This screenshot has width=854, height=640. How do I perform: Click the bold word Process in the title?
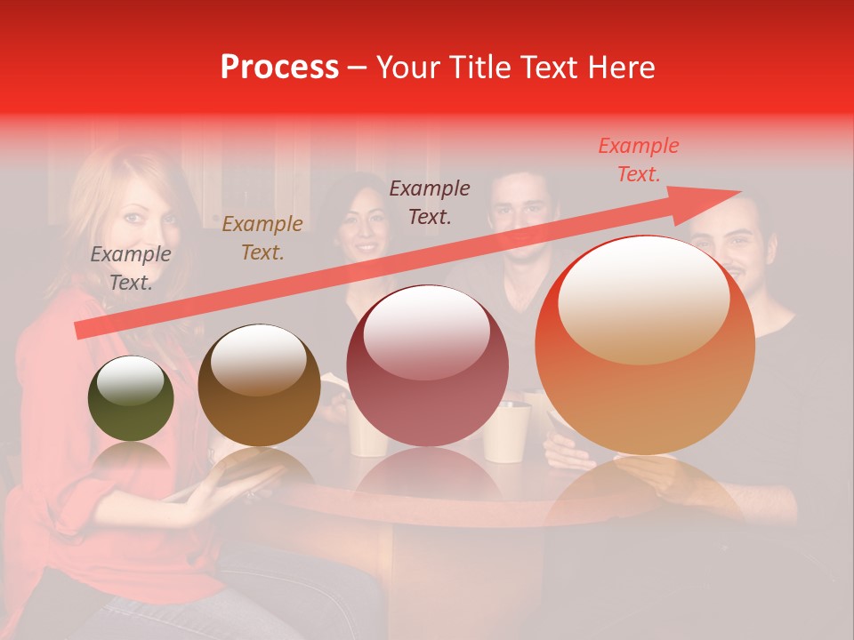279,68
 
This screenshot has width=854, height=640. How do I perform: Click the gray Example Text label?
131,268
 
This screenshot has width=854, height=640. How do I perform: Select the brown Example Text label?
262,238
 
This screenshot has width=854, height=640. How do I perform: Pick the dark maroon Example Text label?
430,203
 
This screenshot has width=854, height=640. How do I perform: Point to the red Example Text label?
638,160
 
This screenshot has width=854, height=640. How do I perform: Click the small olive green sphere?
131,399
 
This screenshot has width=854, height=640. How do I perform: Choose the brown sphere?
259,385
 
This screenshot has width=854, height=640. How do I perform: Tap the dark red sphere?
427,366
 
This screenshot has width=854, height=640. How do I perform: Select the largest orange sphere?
645,346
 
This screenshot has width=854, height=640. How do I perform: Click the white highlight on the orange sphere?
643,302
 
